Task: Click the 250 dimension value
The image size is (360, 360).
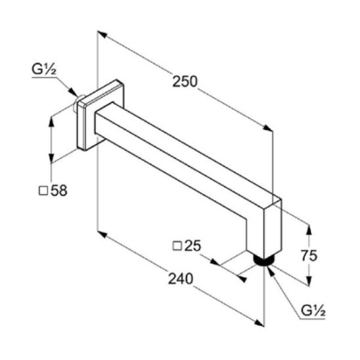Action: point(185,81)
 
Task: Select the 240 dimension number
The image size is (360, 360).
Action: point(181,279)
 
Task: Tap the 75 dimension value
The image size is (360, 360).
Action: point(309,256)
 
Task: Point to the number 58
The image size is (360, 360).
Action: point(59,191)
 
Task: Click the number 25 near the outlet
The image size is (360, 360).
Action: point(193,246)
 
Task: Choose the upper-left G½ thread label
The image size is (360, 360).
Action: point(44,69)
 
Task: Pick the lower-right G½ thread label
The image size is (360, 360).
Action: point(313,311)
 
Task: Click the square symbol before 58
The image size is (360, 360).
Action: point(43,191)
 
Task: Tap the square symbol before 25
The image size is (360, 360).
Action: point(177,246)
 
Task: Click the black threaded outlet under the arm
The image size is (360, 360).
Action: point(264,260)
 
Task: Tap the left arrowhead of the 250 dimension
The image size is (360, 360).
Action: point(102,34)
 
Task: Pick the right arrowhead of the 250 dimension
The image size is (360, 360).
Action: point(268,127)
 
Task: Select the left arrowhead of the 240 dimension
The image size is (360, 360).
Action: point(102,235)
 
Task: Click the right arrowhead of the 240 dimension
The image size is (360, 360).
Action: point(259,323)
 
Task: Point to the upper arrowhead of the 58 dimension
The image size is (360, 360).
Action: point(51,122)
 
